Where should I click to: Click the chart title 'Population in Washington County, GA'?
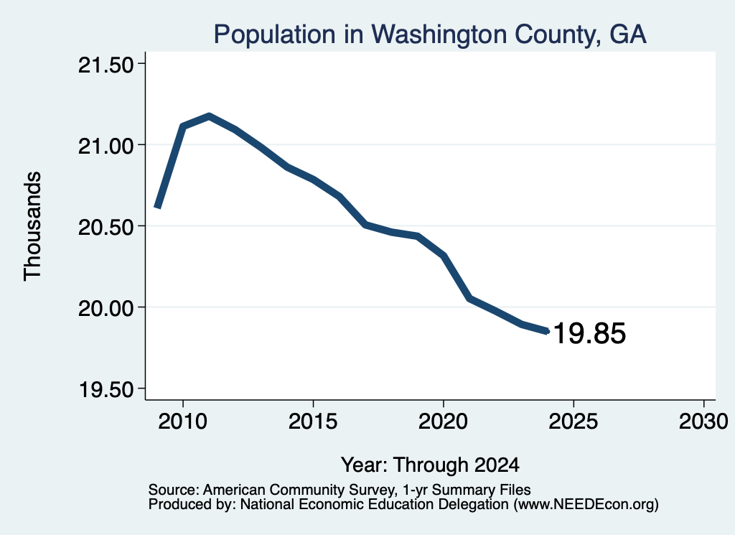click(x=430, y=34)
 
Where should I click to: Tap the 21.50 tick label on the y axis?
click(x=106, y=65)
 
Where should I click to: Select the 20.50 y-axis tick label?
click(x=106, y=228)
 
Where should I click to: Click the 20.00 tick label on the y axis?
click(x=106, y=309)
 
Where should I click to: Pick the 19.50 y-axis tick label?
click(x=106, y=390)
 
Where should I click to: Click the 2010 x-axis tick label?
click(x=182, y=421)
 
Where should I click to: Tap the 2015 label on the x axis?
click(x=313, y=421)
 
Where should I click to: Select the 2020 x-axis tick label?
click(x=443, y=421)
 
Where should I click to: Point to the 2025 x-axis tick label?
click(x=574, y=421)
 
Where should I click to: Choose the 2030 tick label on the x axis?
click(x=703, y=421)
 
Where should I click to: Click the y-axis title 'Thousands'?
click(x=32, y=226)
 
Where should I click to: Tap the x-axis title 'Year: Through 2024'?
click(x=430, y=465)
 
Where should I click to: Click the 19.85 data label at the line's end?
click(x=589, y=333)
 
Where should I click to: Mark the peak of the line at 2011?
click(x=209, y=116)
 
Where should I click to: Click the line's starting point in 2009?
click(x=157, y=206)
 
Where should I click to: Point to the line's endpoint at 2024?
click(x=546, y=331)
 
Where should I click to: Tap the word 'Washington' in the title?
click(x=439, y=34)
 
